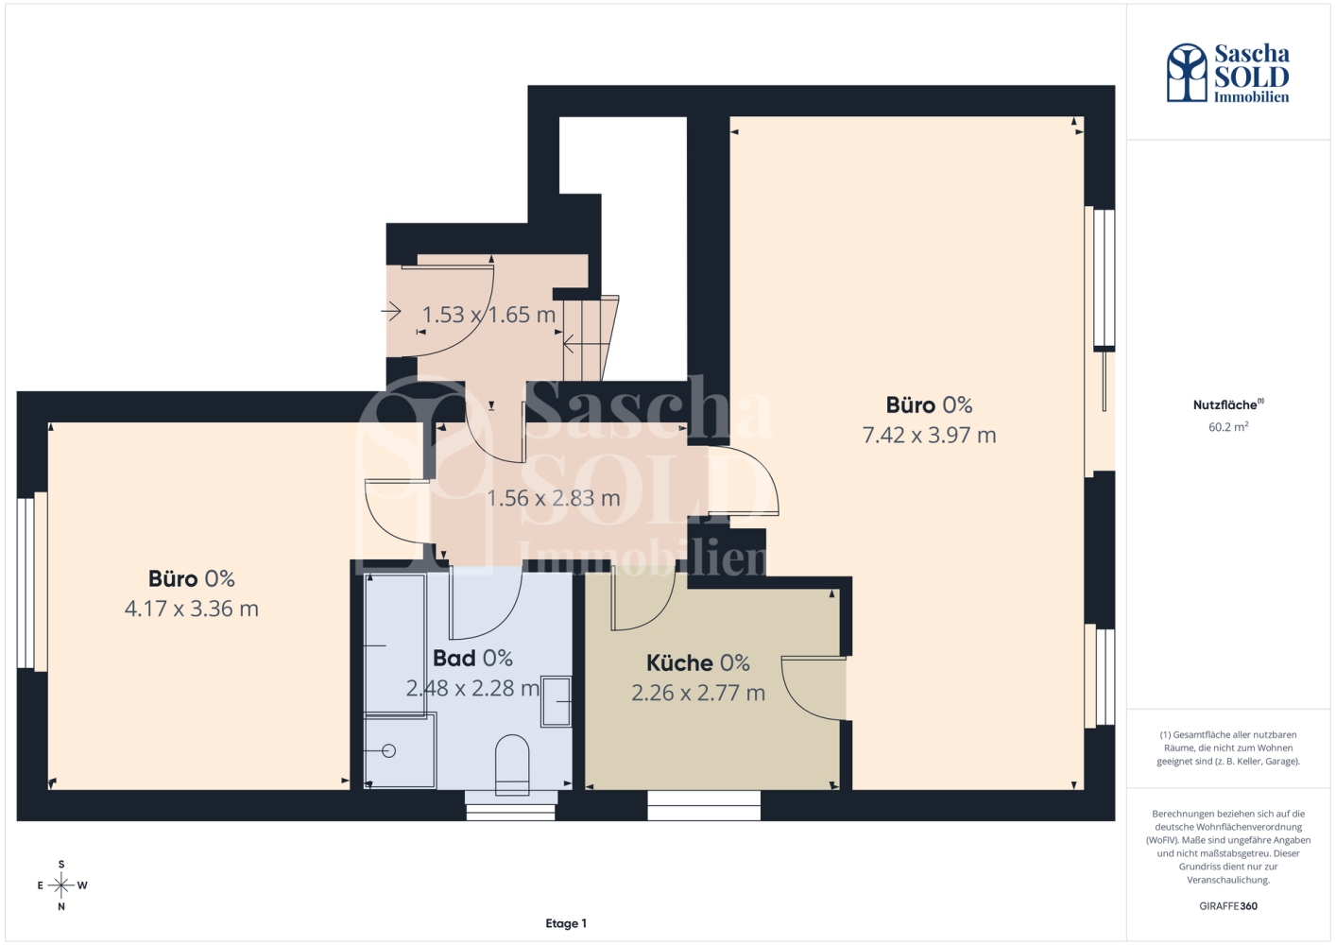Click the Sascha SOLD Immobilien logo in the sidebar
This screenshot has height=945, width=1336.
click(x=1228, y=73)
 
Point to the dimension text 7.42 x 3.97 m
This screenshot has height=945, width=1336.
click(x=929, y=435)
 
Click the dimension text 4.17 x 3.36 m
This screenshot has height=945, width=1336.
click(x=192, y=609)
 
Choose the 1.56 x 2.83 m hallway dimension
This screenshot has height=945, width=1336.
click(x=554, y=498)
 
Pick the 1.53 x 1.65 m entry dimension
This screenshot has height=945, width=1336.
click(x=489, y=315)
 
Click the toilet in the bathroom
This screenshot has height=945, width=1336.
click(x=512, y=765)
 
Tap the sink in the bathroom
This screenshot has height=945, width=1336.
click(x=556, y=701)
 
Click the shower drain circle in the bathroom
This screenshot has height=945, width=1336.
click(x=389, y=750)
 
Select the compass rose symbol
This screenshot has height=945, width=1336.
click(x=61, y=885)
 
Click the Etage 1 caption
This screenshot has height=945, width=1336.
click(x=566, y=923)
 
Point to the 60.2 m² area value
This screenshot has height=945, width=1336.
click(x=1228, y=426)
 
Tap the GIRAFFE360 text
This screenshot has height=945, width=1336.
click(x=1228, y=906)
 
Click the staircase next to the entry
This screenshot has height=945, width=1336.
click(x=591, y=338)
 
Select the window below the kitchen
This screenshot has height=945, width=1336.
click(x=704, y=805)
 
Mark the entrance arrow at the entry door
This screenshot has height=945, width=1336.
click(x=391, y=311)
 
